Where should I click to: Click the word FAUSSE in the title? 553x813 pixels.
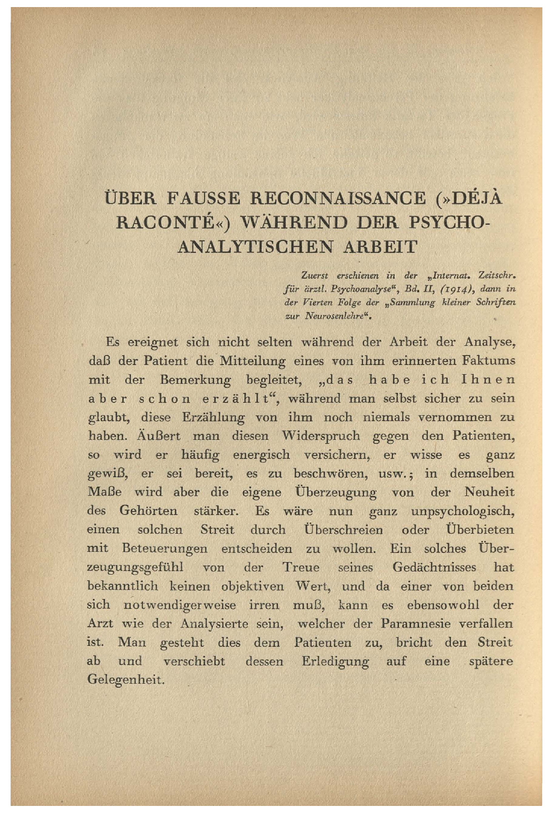pyautogui.click(x=203, y=198)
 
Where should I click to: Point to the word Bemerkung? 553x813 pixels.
pyautogui.click(x=195, y=380)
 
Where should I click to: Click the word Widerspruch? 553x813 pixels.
pyautogui.click(x=321, y=436)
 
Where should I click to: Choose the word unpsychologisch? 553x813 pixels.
pyautogui.click(x=463, y=511)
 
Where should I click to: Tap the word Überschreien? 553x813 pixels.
pyautogui.click(x=343, y=530)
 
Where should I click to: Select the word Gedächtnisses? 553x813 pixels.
pyautogui.click(x=434, y=568)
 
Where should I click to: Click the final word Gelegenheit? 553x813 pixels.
pyautogui.click(x=126, y=680)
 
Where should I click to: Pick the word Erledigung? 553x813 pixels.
pyautogui.click(x=335, y=662)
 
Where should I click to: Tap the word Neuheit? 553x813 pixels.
pyautogui.click(x=489, y=492)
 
